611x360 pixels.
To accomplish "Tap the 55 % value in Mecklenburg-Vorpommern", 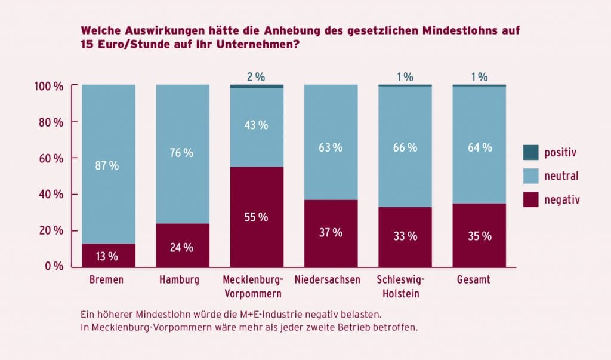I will click(x=257, y=217).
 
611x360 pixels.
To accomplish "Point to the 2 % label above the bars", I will click(x=256, y=77).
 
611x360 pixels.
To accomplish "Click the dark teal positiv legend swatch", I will click(x=530, y=153).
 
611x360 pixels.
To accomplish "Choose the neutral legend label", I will click(x=561, y=176).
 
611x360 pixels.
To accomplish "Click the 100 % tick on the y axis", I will click(x=51, y=86).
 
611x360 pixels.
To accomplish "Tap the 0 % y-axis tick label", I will click(x=54, y=266).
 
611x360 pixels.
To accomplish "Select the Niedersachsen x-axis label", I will click(x=331, y=279).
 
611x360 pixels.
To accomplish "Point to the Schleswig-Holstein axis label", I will click(x=405, y=287).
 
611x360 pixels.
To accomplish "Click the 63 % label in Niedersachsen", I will click(x=331, y=147).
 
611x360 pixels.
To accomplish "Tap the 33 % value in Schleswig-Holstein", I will click(x=405, y=236).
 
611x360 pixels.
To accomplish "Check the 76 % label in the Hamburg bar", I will click(x=183, y=153).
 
